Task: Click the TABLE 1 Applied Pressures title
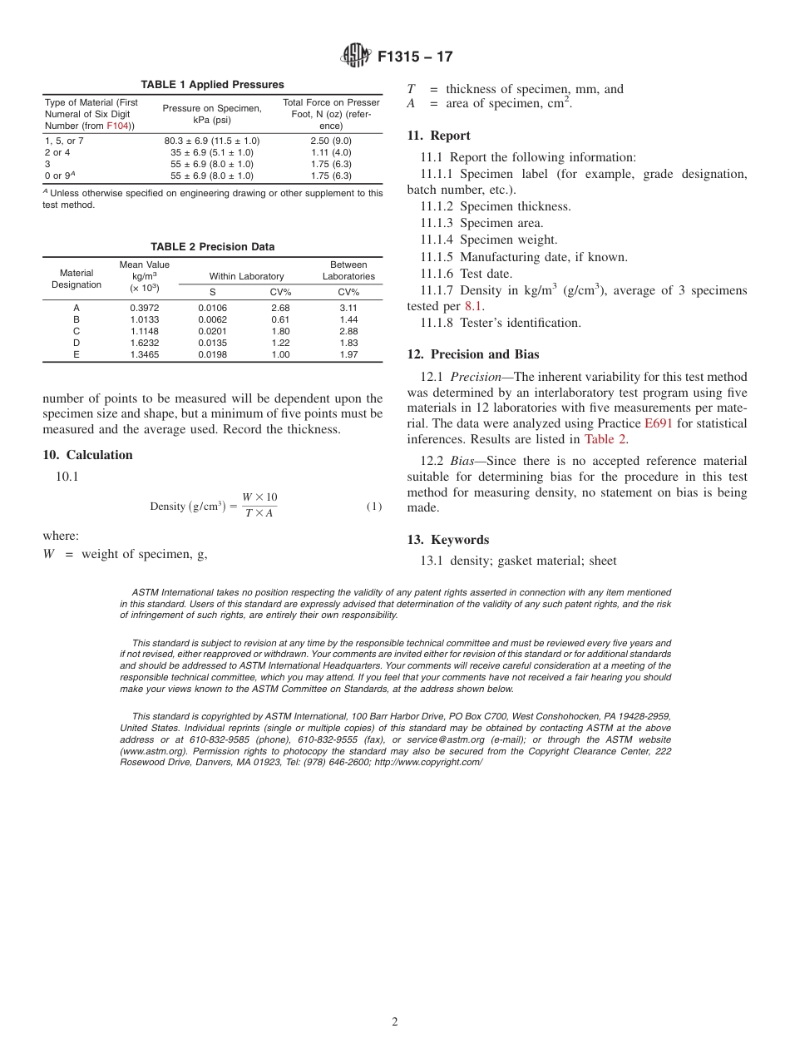pos(212,85)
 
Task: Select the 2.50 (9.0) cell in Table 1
pos(331,141)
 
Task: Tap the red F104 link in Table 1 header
pos(117,126)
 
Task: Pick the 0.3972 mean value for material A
pos(145,308)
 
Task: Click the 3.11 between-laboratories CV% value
pos(348,308)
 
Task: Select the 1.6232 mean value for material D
pos(145,343)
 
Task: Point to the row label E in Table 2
pos(77,354)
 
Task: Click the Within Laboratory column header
pos(246,276)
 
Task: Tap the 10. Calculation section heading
pos(87,455)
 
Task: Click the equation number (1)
pos(373,507)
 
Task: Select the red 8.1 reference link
pos(473,306)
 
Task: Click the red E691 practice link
pos(658,423)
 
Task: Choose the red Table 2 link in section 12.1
pos(605,439)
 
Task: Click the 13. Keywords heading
pos(447,540)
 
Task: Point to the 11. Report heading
pos(438,136)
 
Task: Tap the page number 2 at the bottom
pos(395,1022)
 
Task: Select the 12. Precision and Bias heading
pos(473,355)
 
